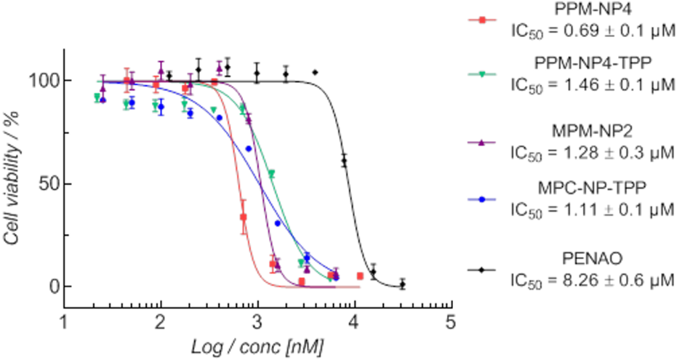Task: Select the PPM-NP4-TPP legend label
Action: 593,65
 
